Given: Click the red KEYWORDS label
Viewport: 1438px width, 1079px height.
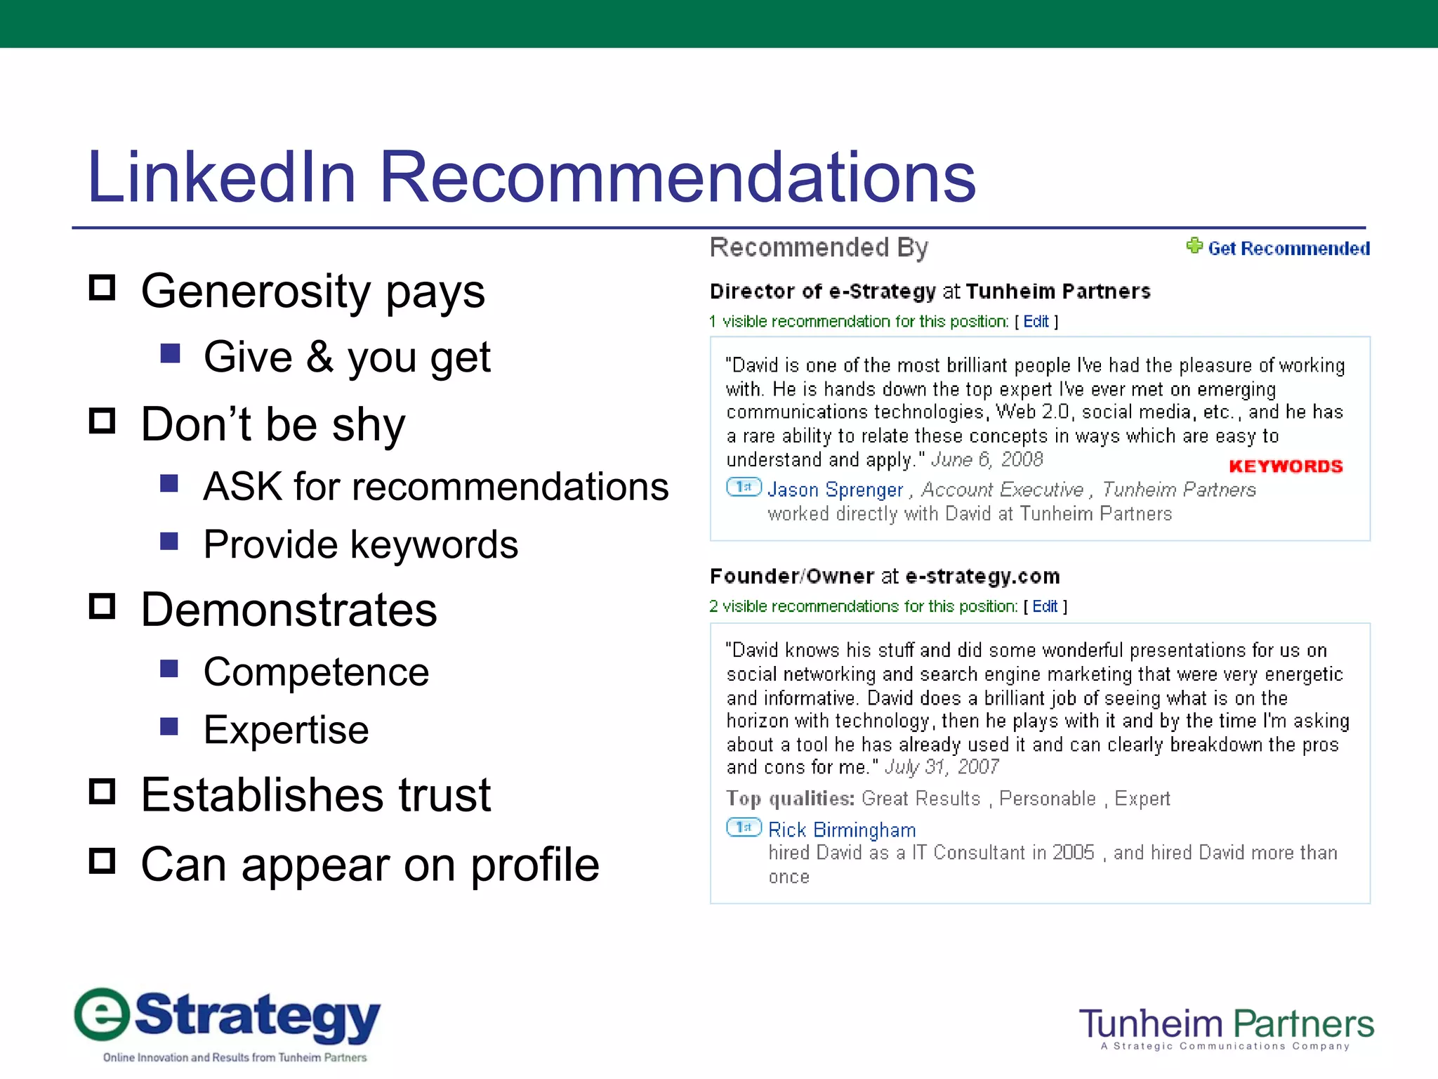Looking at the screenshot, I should pos(1286,466).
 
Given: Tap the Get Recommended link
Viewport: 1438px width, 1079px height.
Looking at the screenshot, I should pos(1288,249).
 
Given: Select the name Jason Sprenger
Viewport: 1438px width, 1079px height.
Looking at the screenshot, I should pos(835,490).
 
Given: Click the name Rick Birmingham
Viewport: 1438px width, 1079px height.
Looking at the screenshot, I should pos(842,830).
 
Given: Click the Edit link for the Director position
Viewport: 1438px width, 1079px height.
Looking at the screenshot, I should pos(1036,322).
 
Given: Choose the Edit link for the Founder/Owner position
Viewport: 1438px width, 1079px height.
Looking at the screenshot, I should pos(1045,606).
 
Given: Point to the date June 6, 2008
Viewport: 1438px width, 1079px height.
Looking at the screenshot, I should pos(987,459).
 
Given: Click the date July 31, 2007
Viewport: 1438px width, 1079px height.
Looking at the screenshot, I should pos(942,767).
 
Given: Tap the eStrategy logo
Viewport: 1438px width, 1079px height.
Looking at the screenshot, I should pos(227,1023).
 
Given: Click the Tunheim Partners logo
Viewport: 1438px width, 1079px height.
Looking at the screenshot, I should pos(1226,1027).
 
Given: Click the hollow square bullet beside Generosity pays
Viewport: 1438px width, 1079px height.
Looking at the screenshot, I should pos(103,288).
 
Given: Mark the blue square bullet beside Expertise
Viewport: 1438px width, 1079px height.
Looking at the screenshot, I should pos(169,726).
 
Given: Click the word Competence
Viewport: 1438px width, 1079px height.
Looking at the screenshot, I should pos(316,672).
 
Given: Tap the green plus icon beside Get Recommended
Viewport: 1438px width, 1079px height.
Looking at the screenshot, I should pos(1194,246).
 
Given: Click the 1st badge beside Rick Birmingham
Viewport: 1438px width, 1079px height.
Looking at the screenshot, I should pos(744,828).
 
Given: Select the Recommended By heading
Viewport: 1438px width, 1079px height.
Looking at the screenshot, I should pos(819,247).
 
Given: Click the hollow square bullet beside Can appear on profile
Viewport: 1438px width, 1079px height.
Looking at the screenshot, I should pos(103,861).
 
